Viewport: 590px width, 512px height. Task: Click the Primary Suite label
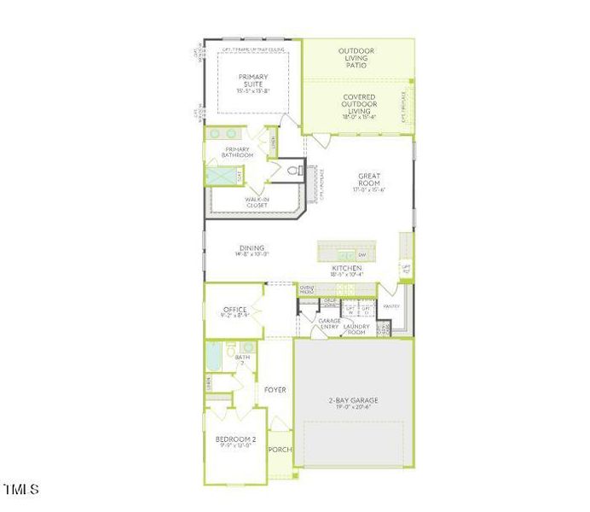pos(253,80)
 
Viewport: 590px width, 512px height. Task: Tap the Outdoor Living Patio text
pos(356,57)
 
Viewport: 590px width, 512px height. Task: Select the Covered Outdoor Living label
pos(359,103)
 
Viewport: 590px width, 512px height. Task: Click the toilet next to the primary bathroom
pos(295,171)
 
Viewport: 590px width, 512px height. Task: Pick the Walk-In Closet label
pos(257,202)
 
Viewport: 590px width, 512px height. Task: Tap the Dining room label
pos(252,248)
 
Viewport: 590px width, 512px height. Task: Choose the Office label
pos(234,310)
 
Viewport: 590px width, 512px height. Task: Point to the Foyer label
pos(275,390)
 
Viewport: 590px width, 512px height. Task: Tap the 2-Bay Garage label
pos(353,399)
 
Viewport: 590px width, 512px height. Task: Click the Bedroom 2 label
pos(234,439)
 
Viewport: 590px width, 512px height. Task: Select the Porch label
pos(280,450)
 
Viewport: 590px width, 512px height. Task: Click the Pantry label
pos(391,305)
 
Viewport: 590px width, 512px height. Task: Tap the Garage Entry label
pos(329,324)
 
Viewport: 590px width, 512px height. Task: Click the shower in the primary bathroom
pos(220,177)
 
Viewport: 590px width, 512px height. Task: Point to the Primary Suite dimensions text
pos(253,90)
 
